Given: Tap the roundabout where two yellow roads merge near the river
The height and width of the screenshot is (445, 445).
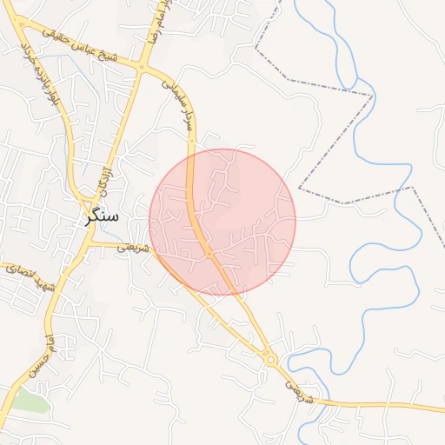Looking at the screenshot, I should pos(271,358).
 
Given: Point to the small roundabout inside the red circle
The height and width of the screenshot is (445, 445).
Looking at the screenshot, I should pos(209,254).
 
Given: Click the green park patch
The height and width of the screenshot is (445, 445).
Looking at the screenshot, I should pos(30,402).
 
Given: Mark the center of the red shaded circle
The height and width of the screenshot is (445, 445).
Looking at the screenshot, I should pos(222,222).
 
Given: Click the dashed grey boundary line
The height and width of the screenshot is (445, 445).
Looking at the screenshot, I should pos(335,88).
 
